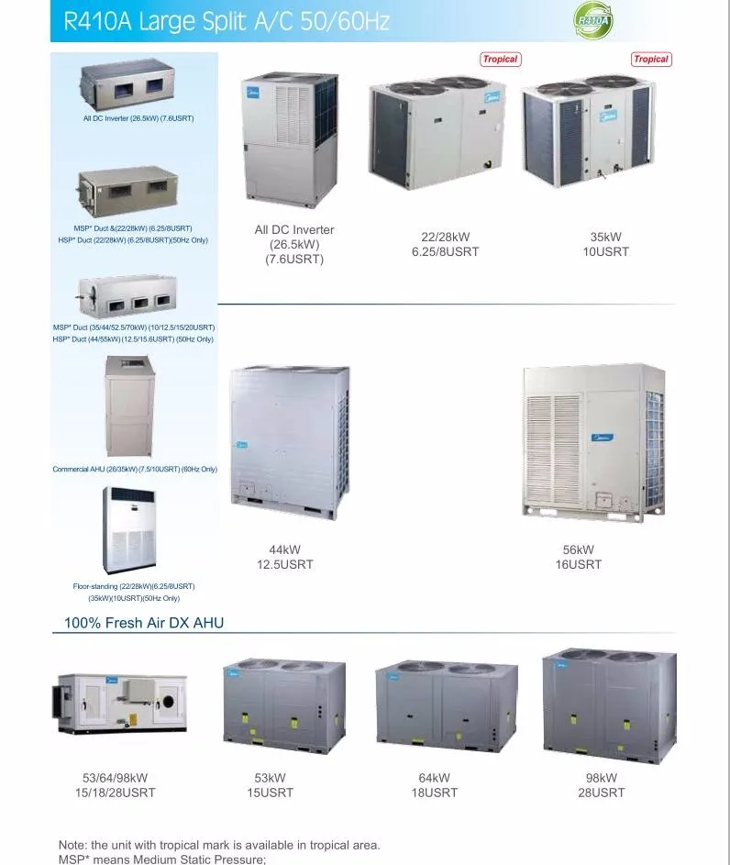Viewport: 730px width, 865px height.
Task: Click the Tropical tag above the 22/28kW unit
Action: (500, 59)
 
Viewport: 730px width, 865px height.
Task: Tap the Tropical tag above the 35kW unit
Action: (651, 59)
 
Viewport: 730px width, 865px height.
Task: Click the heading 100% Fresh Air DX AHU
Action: (144, 623)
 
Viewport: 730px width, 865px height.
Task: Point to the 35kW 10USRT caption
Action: (606, 244)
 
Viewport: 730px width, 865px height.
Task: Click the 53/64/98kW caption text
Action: (116, 785)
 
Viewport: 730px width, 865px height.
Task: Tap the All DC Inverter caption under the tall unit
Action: (294, 244)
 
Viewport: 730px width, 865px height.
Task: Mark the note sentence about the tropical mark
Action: (219, 845)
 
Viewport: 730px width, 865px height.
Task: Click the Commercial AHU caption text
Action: (135, 470)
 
